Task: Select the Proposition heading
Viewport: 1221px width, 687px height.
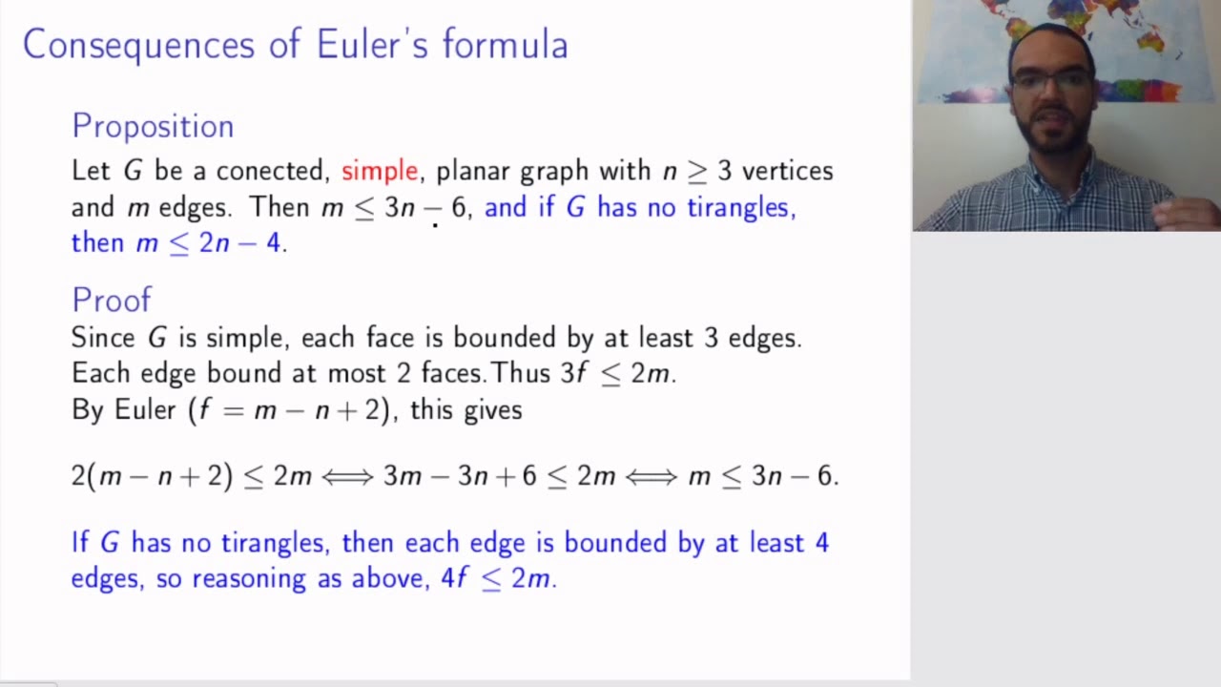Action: tap(153, 127)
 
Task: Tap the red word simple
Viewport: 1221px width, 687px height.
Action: tap(380, 171)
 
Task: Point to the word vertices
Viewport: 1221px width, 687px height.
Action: tap(787, 171)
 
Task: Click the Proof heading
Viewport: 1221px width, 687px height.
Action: tap(112, 301)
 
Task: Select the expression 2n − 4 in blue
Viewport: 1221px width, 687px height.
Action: tap(239, 243)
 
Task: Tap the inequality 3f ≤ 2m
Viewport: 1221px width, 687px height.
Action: tap(616, 373)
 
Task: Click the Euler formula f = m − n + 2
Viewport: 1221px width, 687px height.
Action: tap(292, 410)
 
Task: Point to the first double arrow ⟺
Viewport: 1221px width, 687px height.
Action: tap(347, 476)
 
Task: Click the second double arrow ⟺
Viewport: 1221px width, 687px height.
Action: tap(652, 476)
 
